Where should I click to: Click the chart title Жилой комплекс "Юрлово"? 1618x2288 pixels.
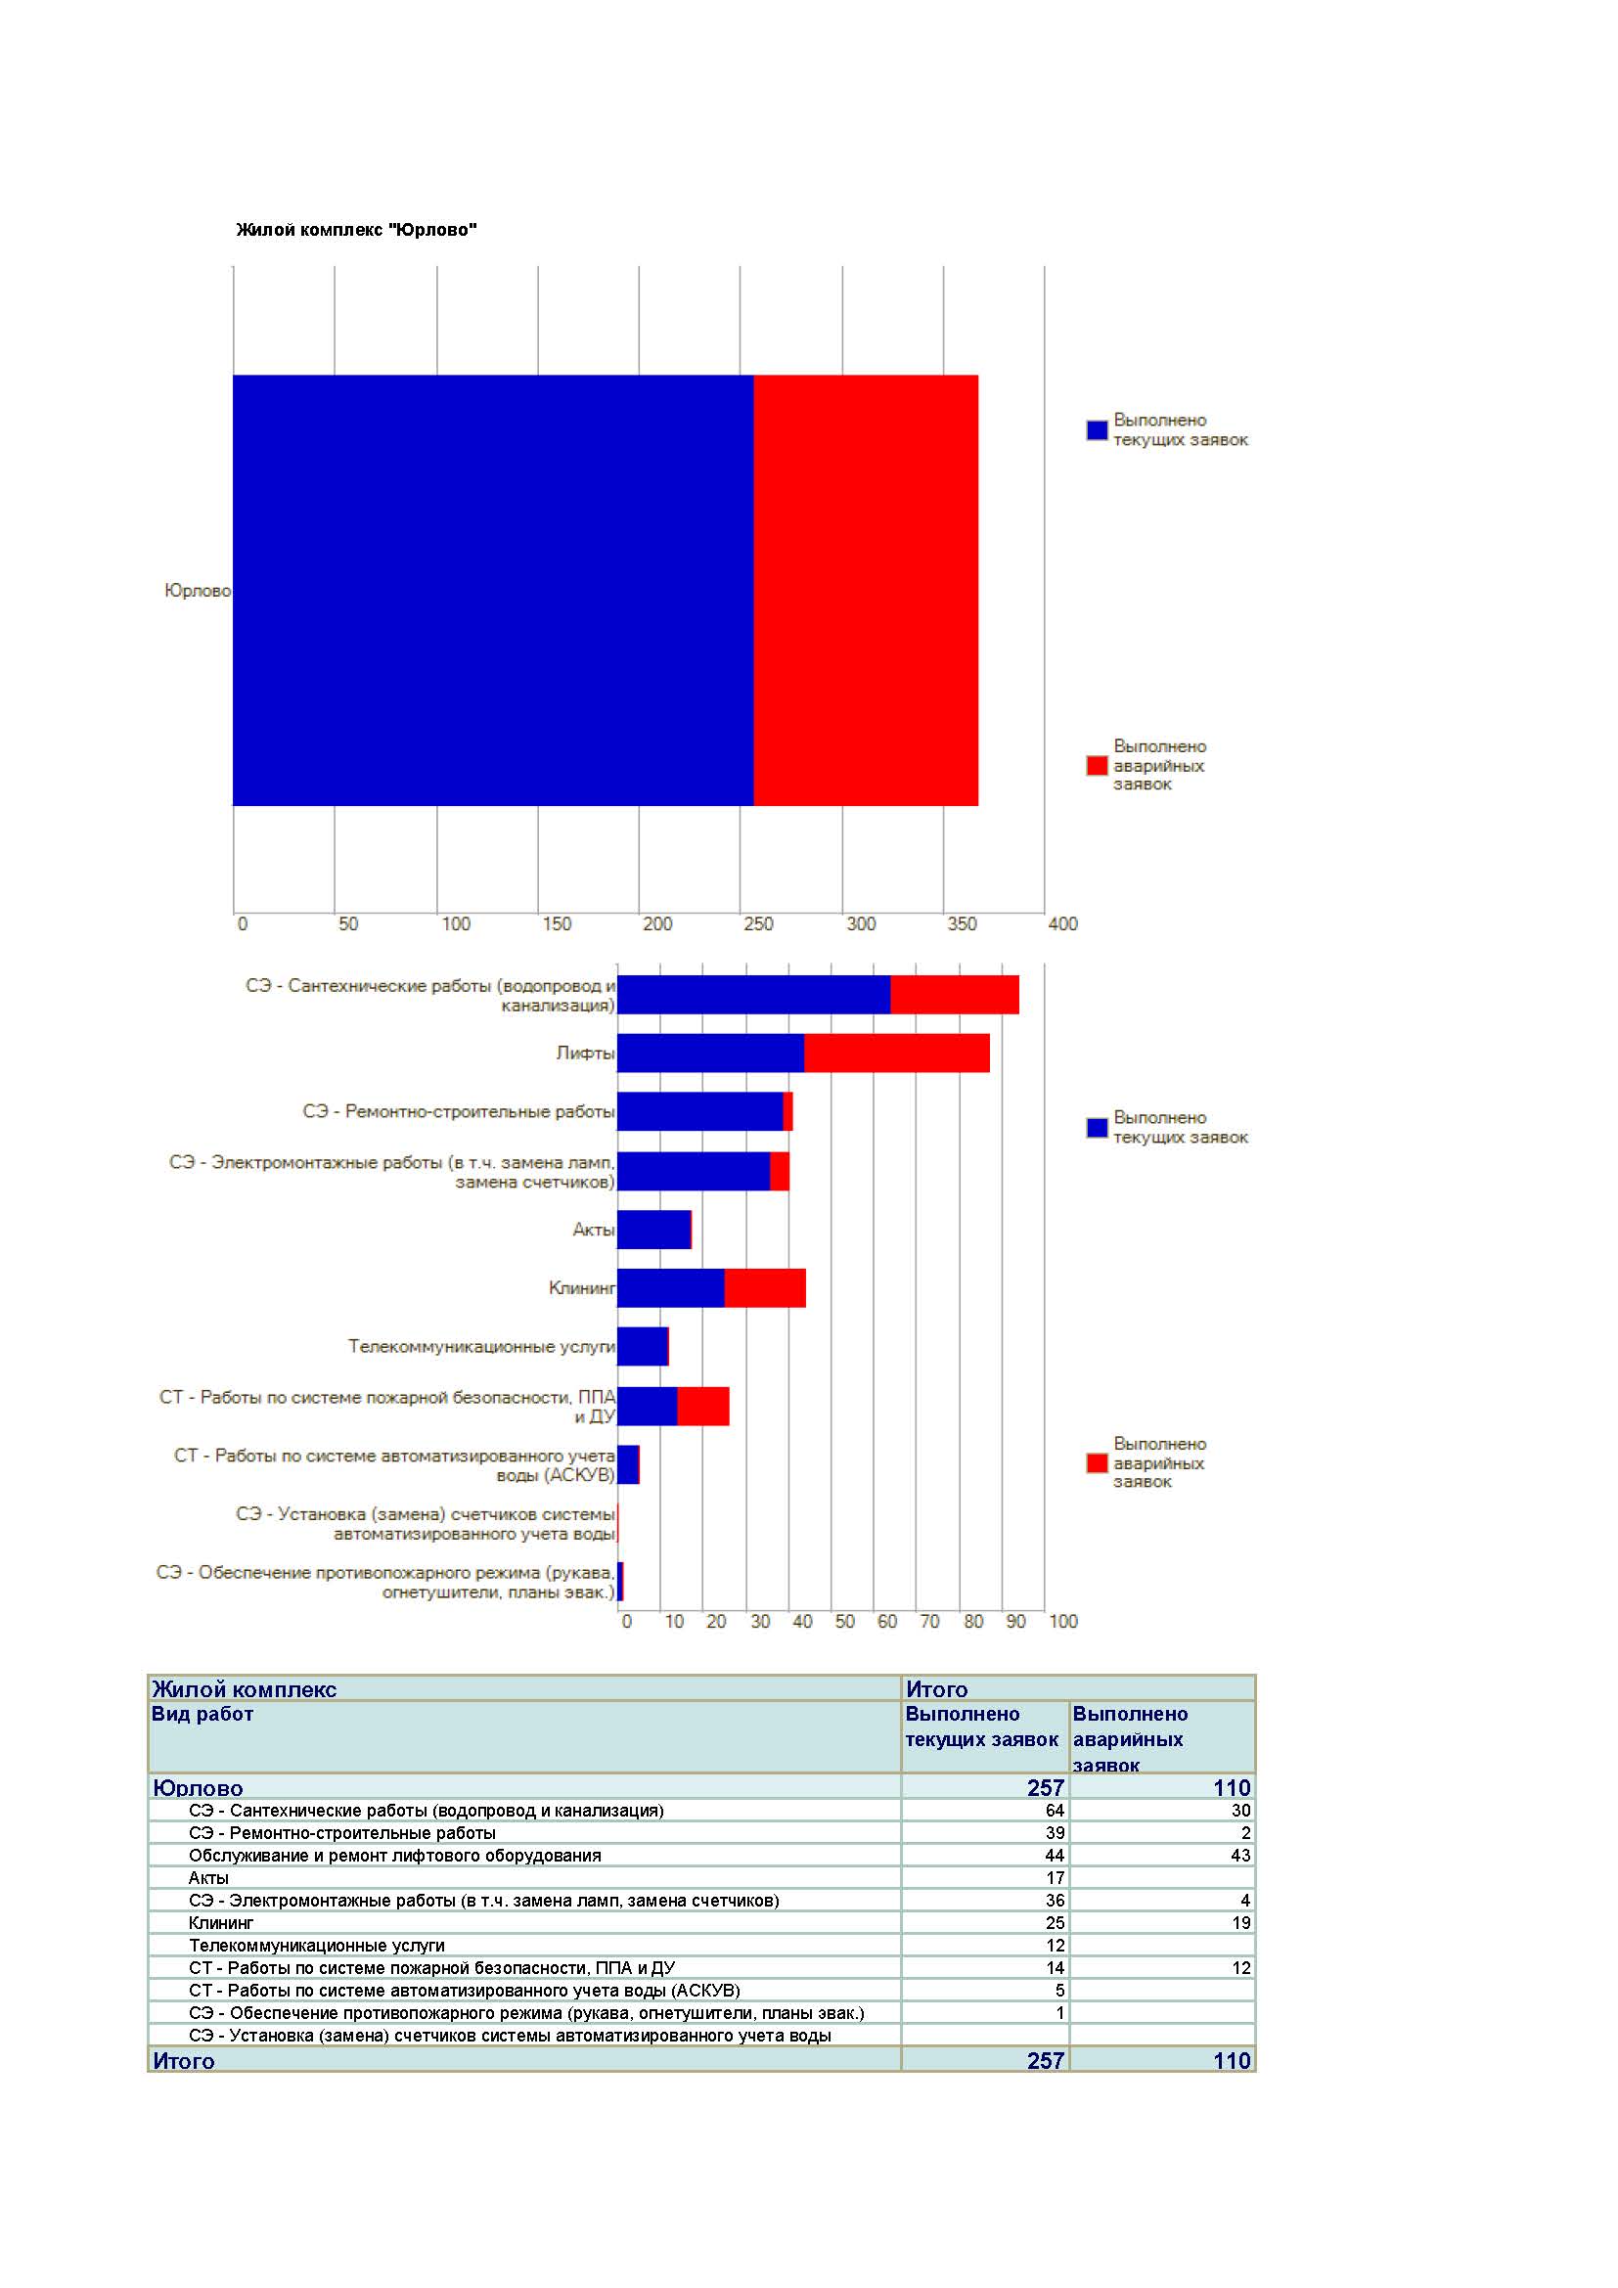tap(356, 230)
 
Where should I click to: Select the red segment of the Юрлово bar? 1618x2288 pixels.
tap(866, 590)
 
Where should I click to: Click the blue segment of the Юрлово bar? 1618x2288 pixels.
tap(493, 590)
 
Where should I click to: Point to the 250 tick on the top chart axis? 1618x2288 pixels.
tap(758, 923)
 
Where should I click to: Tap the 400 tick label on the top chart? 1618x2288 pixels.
tap(1063, 923)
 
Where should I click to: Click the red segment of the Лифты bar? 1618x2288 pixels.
tap(897, 1054)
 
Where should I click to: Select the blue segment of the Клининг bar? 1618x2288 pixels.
tap(670, 1287)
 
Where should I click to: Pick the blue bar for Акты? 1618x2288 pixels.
tap(653, 1230)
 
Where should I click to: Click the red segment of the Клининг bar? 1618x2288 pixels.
tap(765, 1287)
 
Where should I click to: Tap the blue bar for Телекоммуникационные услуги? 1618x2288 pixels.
tap(643, 1346)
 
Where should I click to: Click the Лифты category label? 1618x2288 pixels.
tap(585, 1054)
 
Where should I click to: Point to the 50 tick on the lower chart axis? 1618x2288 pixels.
tap(845, 1621)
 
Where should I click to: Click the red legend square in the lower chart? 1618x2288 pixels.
tap(1097, 1462)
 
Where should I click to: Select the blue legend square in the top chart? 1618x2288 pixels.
tap(1097, 430)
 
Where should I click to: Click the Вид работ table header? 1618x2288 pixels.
tap(202, 1714)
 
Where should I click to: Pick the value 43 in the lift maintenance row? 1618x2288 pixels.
tap(1240, 1856)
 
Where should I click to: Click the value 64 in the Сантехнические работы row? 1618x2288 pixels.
tap(1056, 1811)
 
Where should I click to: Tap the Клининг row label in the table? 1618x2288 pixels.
tap(221, 1923)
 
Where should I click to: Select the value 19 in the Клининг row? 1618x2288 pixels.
tap(1241, 1923)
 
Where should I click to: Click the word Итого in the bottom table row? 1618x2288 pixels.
tap(183, 2061)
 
